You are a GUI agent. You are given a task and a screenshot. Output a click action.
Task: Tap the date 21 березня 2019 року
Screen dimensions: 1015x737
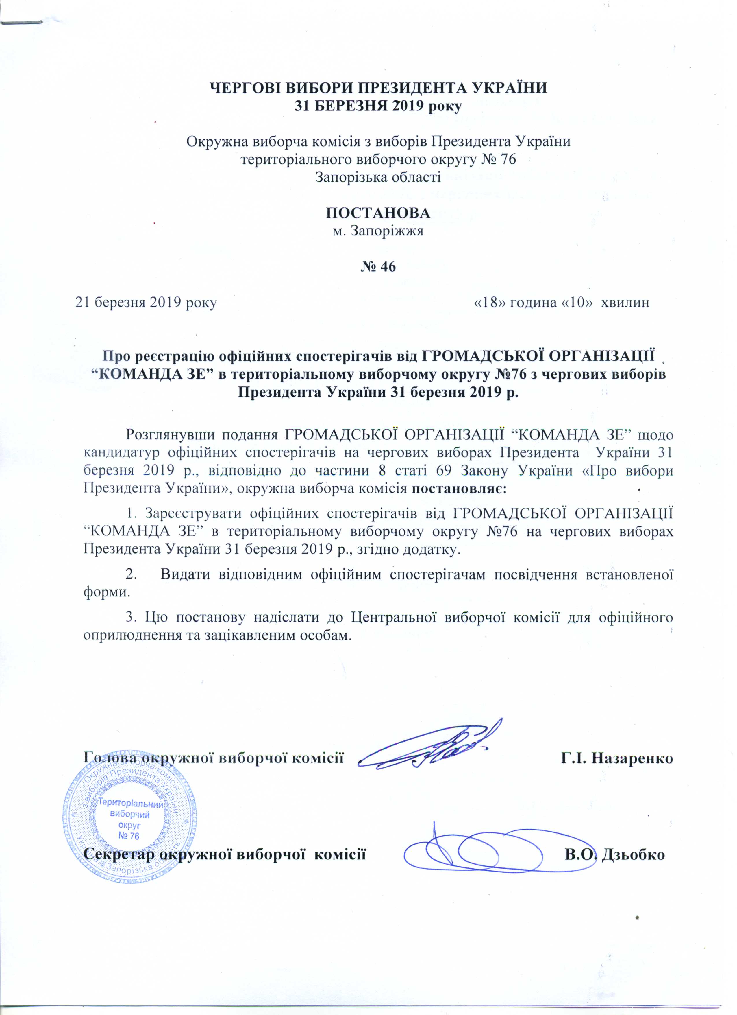pyautogui.click(x=146, y=303)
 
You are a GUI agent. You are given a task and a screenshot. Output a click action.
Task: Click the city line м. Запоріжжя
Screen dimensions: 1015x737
pyautogui.click(x=378, y=231)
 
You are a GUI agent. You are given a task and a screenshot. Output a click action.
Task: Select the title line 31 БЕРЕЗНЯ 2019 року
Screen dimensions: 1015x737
pyautogui.click(x=378, y=107)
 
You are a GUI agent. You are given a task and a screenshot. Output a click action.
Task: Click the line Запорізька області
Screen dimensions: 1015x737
pyautogui.click(x=378, y=178)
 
